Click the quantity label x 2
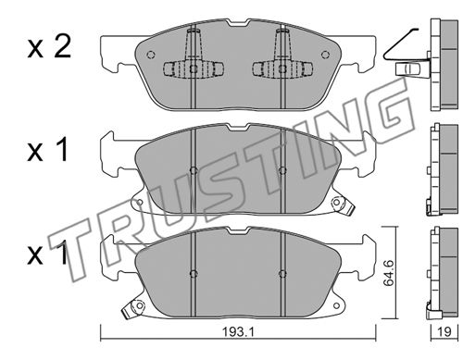pos(49,47)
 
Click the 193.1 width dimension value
pos(238,332)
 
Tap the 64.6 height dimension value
pos(389,273)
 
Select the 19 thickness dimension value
pos(444,332)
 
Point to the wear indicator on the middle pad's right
pos(342,205)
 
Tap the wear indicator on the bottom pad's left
pos(134,308)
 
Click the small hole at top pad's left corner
pos(150,55)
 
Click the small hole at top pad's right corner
pos(325,55)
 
